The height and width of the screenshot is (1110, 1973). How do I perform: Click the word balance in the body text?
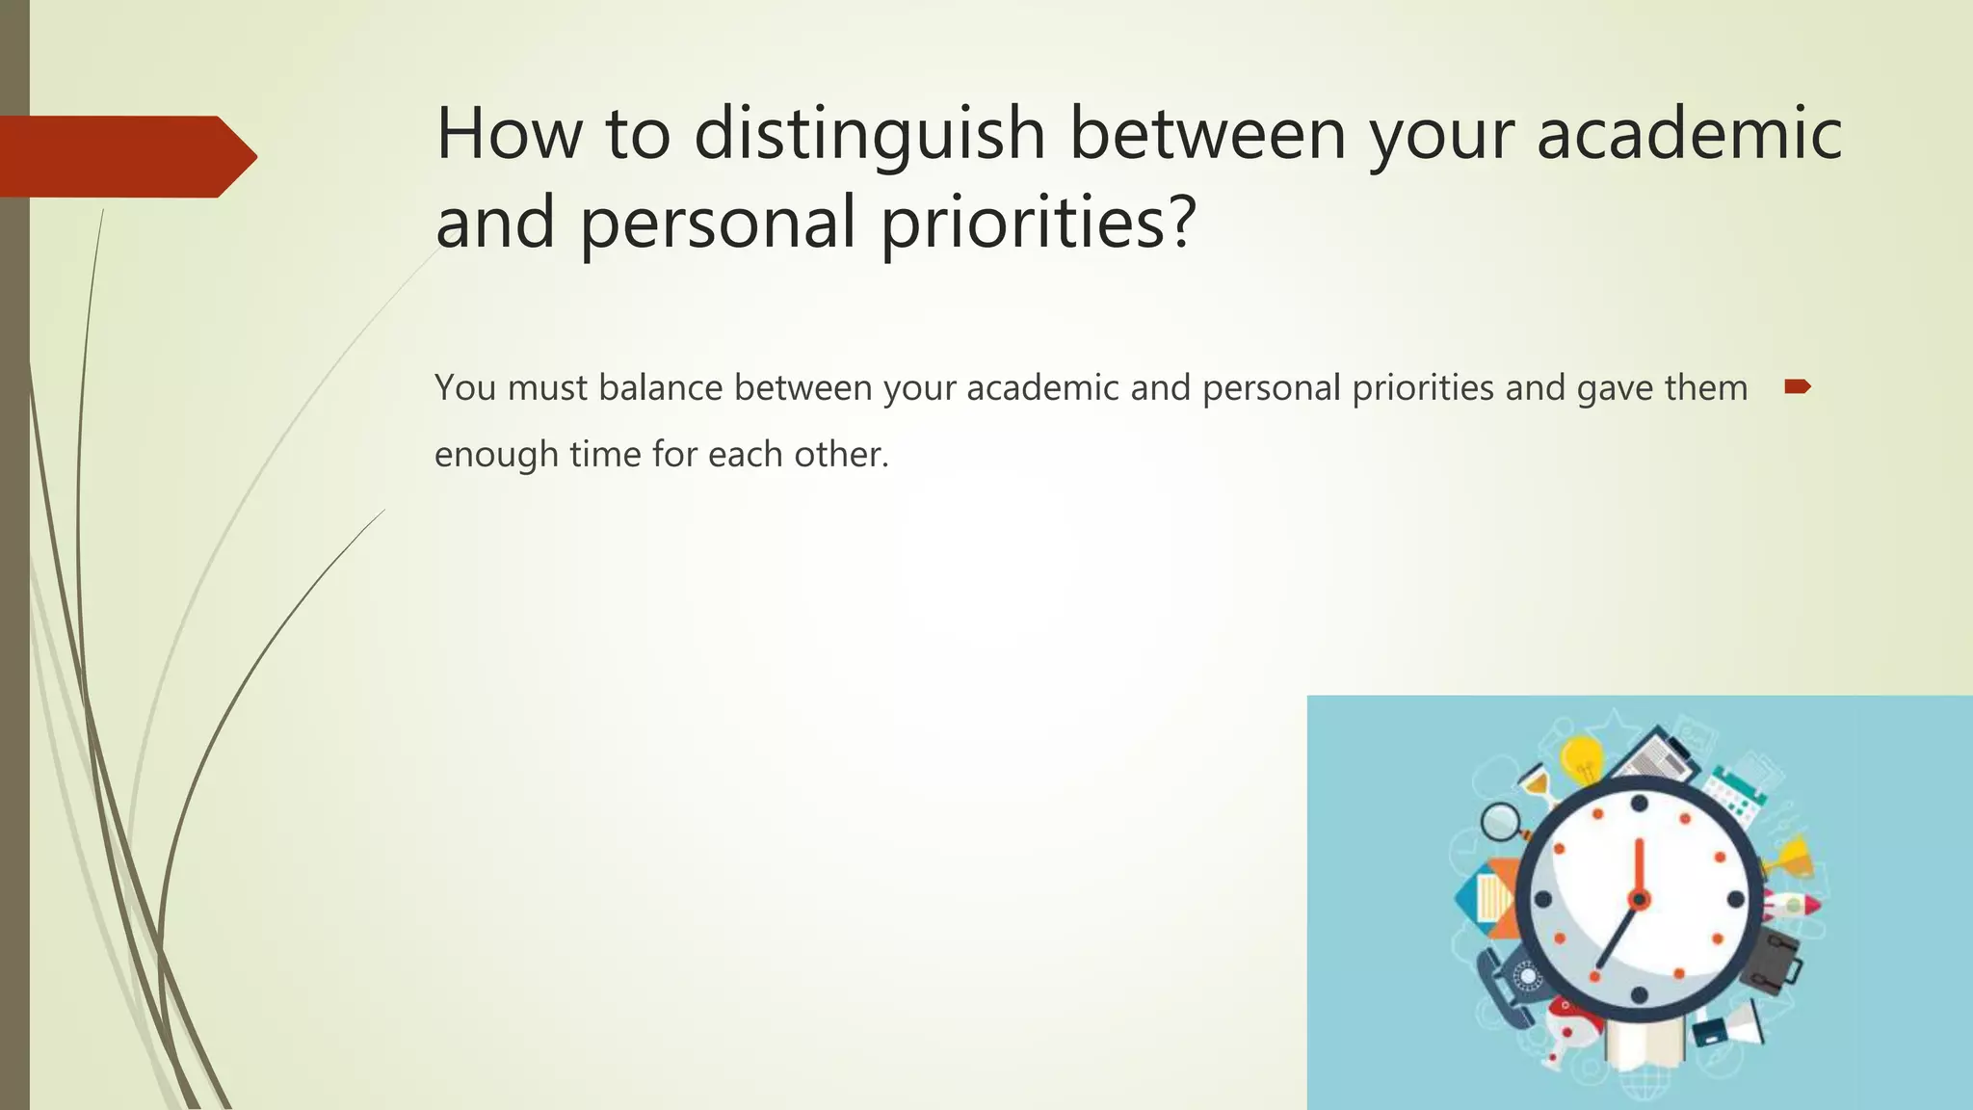(x=660, y=387)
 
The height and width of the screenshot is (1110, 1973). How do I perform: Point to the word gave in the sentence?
(x=1612, y=387)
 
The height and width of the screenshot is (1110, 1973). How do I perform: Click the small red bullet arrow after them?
(x=1797, y=387)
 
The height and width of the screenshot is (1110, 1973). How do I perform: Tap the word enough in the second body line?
(x=495, y=455)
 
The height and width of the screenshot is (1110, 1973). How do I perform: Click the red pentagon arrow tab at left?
(x=125, y=156)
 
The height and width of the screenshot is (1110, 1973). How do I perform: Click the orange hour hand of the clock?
(x=1638, y=867)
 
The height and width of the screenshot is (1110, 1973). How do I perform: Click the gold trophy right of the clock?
(x=1793, y=858)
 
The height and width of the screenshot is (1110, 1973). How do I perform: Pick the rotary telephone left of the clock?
(x=1509, y=983)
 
